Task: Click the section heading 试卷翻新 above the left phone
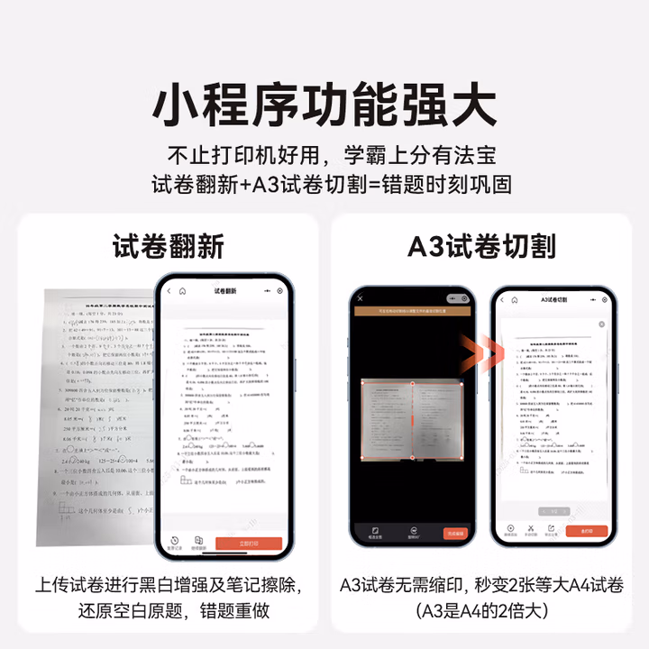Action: coord(168,246)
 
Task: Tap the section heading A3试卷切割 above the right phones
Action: coord(481,246)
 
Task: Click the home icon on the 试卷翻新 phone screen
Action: coord(183,292)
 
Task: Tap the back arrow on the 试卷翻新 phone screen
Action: coord(169,292)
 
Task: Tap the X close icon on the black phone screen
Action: coord(360,298)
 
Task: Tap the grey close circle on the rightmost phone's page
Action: coord(601,324)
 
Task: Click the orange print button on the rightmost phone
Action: coord(588,531)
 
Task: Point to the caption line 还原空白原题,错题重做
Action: coord(168,610)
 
